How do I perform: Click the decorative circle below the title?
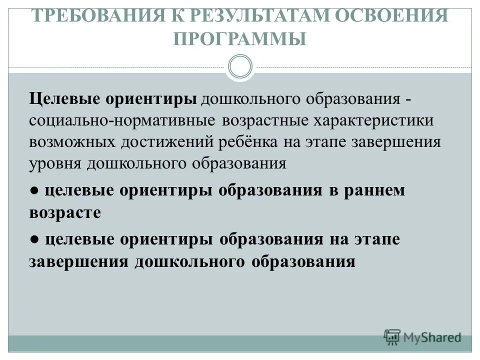tap(240, 66)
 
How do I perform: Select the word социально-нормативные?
tap(122, 120)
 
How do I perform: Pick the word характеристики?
tap(374, 120)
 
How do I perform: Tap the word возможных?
tap(72, 142)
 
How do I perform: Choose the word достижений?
tap(167, 142)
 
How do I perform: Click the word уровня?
tap(55, 163)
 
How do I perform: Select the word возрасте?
tap(65, 212)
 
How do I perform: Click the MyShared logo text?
tap(432, 337)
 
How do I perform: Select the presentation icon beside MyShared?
tap(392, 336)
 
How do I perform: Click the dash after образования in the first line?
tap(408, 99)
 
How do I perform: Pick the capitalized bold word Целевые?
tap(65, 98)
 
